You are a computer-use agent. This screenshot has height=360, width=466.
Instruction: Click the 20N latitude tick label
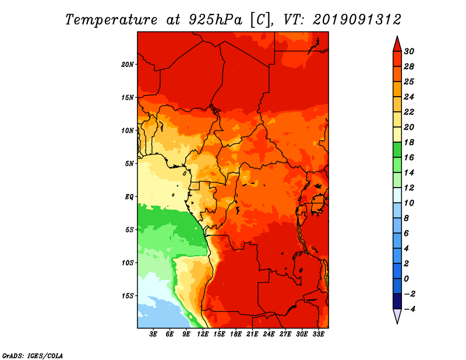pyautogui.click(x=128, y=65)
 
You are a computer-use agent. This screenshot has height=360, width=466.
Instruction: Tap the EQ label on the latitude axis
pyautogui.click(x=129, y=197)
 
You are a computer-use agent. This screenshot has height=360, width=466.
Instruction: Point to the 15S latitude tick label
pyautogui.click(x=128, y=296)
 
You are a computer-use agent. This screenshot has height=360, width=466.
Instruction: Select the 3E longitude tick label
pyautogui.click(x=153, y=334)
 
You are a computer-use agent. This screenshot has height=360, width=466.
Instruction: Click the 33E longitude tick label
pyautogui.click(x=318, y=334)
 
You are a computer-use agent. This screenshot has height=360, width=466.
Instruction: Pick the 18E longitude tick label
pyautogui.click(x=236, y=334)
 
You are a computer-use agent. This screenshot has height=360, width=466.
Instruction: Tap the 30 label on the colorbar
pyautogui.click(x=409, y=51)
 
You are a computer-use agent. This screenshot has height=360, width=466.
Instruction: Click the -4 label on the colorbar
pyautogui.click(x=409, y=309)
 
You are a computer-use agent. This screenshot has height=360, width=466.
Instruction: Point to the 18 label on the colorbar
pyautogui.click(x=409, y=142)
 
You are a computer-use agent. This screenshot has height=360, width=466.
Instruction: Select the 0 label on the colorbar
pyautogui.click(x=406, y=279)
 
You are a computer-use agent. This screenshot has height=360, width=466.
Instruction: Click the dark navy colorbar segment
pyautogui.click(x=397, y=301)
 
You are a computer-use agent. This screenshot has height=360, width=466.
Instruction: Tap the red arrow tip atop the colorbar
pyautogui.click(x=397, y=36)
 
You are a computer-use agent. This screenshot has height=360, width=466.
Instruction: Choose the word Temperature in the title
pyautogui.click(x=111, y=20)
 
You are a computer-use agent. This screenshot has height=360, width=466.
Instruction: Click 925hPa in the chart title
pyautogui.click(x=216, y=20)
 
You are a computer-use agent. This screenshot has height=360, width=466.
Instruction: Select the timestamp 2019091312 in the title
pyautogui.click(x=357, y=20)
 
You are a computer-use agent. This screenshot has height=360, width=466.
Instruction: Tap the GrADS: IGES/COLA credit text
pyautogui.click(x=33, y=356)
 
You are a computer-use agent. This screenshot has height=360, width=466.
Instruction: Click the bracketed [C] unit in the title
pyautogui.click(x=260, y=20)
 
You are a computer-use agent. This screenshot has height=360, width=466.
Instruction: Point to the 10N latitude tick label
pyautogui.click(x=128, y=130)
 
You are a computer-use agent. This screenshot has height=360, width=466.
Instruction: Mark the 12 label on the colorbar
pyautogui.click(x=409, y=188)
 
